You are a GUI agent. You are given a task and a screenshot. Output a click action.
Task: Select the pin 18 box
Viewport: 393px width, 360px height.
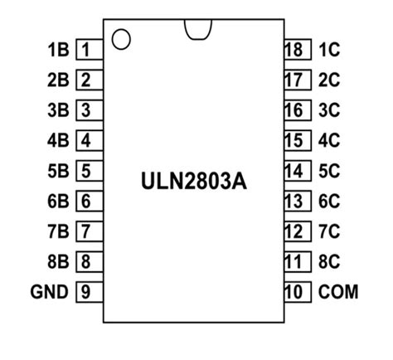click(293, 50)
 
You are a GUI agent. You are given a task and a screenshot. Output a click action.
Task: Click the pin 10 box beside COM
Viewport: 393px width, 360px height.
click(293, 292)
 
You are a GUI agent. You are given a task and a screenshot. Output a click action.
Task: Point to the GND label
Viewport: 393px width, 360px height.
click(49, 292)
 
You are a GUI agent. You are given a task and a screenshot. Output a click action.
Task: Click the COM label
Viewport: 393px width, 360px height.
click(337, 292)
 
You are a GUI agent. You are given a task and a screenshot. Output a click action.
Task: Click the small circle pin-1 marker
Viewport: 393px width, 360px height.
click(121, 39)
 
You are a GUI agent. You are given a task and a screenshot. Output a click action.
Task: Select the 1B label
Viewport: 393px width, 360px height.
click(58, 50)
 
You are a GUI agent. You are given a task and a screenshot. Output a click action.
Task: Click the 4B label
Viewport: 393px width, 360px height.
click(58, 141)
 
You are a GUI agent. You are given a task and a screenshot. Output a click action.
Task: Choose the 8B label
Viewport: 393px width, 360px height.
click(58, 262)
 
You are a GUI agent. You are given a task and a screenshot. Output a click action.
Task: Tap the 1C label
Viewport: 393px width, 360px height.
click(329, 50)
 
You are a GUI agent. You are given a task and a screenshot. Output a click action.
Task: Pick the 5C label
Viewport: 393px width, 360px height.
click(329, 171)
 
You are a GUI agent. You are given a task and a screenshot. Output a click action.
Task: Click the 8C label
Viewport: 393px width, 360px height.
click(329, 262)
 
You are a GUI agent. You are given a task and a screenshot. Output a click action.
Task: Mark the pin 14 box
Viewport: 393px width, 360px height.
click(293, 171)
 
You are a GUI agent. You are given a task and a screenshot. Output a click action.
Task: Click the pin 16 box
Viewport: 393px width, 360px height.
click(293, 110)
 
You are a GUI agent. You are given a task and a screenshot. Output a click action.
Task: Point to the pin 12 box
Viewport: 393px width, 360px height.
click(293, 231)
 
